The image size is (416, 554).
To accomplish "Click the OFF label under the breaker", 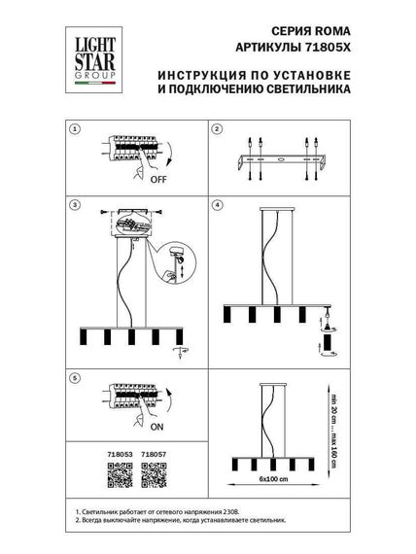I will coord(157,180).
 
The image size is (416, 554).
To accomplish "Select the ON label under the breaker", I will coord(156,424).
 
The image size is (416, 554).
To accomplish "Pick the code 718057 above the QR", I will coord(154,452).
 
